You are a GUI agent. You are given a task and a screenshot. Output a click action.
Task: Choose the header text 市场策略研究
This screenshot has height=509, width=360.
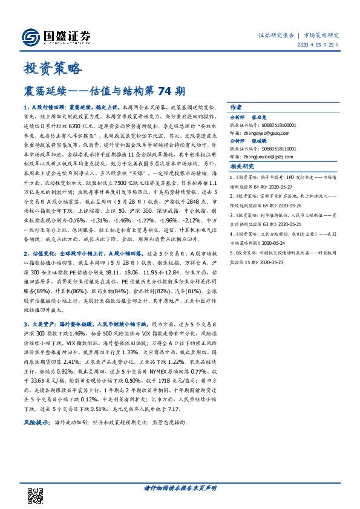click(321, 36)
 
